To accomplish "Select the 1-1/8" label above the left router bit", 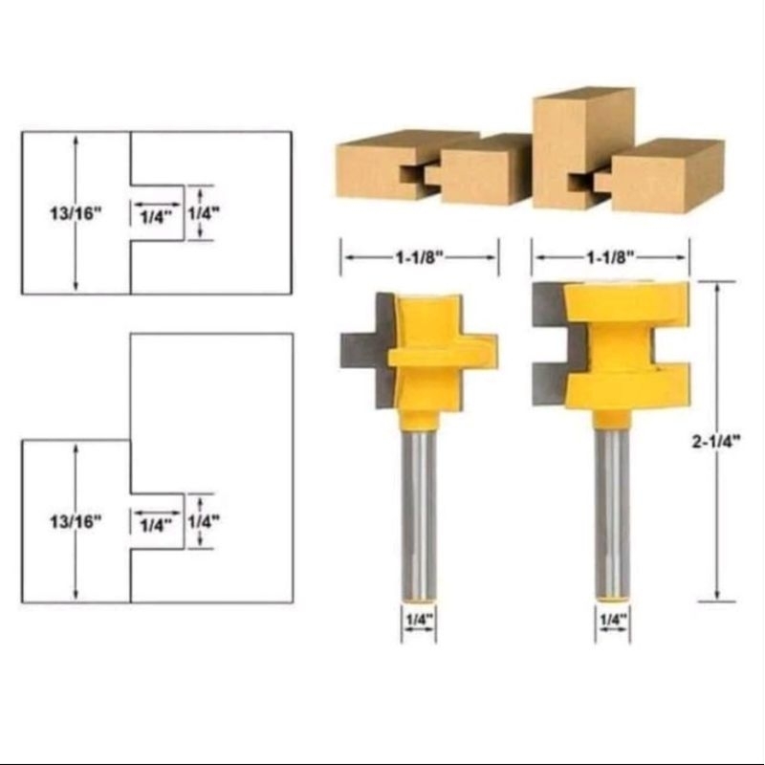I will [x=419, y=257].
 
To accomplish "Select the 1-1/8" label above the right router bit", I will [x=610, y=257].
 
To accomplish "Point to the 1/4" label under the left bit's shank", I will [x=419, y=619].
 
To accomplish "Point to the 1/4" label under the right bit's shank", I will [x=612, y=619].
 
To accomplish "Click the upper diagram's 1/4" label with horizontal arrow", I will [x=155, y=216].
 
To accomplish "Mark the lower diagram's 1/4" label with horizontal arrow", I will [x=155, y=524].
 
